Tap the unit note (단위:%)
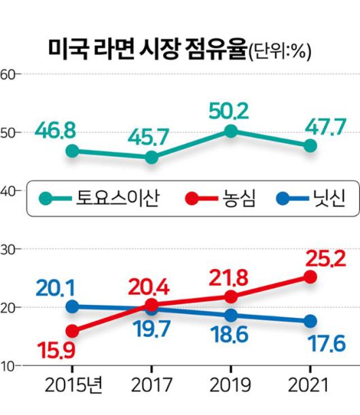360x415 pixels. pyautogui.click(x=279, y=52)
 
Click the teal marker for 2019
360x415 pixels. pyautogui.click(x=231, y=131)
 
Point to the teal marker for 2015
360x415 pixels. pyautogui.click(x=73, y=151)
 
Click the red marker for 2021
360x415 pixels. pyautogui.click(x=310, y=276)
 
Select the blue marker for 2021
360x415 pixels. pyautogui.click(x=310, y=321)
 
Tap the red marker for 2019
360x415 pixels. pyautogui.click(x=231, y=297)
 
